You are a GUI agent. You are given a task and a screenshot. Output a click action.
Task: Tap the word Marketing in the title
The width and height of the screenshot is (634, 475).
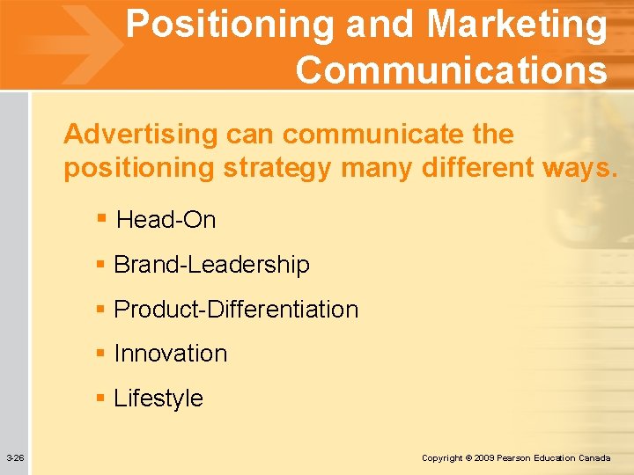click(x=517, y=26)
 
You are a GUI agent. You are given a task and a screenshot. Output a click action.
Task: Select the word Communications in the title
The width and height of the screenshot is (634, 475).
click(x=452, y=69)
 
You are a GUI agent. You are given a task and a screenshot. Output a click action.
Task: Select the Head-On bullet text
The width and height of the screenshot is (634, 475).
click(x=166, y=220)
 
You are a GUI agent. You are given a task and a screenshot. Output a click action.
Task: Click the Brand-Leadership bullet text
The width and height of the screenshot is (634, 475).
click(x=211, y=265)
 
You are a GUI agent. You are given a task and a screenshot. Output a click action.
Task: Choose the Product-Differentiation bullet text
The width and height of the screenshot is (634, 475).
click(x=236, y=310)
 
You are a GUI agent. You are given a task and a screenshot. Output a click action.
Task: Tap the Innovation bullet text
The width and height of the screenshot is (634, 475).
click(x=171, y=354)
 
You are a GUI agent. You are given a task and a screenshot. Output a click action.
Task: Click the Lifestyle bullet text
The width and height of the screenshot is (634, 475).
click(x=158, y=398)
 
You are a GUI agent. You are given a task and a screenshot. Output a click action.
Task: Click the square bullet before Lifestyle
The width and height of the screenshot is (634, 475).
click(x=101, y=398)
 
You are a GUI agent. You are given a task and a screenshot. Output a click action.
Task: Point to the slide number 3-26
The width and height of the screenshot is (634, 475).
click(x=15, y=458)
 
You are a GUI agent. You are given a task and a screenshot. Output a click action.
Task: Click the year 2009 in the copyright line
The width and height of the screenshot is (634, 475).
click(x=484, y=458)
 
